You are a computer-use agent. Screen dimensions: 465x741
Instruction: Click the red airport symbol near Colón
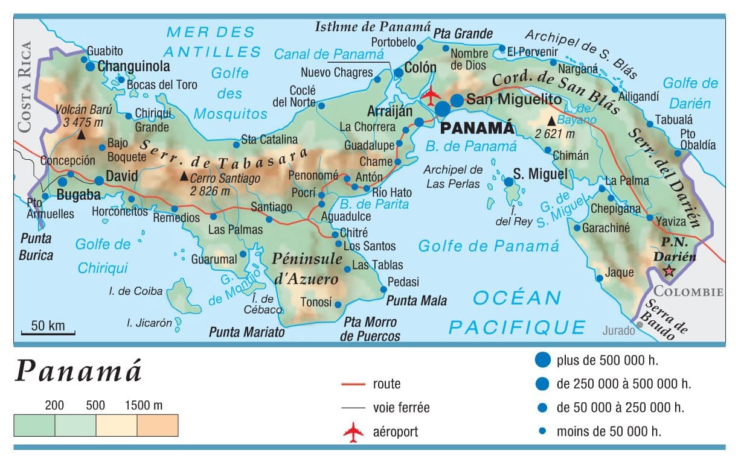pyautogui.click(x=431, y=95)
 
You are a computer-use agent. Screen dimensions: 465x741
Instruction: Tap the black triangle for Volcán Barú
pyautogui.click(x=81, y=136)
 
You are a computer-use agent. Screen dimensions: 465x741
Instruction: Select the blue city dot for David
pyautogui.click(x=99, y=180)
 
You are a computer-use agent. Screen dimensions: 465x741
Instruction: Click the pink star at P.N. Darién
pyautogui.click(x=669, y=271)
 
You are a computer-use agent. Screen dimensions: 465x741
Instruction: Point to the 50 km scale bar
pyautogui.click(x=48, y=332)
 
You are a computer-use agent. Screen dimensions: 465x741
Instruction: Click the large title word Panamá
pyautogui.click(x=79, y=371)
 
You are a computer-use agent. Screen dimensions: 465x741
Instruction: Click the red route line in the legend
pyautogui.click(x=353, y=384)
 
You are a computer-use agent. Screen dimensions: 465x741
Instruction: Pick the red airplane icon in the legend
pyautogui.click(x=353, y=432)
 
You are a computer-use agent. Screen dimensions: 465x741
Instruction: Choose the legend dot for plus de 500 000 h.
pyautogui.click(x=543, y=361)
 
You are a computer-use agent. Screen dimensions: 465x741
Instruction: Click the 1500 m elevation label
pyautogui.click(x=143, y=405)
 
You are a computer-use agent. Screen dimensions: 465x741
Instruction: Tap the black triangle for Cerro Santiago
pyautogui.click(x=184, y=176)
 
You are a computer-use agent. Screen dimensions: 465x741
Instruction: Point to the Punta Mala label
pyautogui.click(x=417, y=300)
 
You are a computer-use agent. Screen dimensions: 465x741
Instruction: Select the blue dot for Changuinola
pyautogui.click(x=91, y=67)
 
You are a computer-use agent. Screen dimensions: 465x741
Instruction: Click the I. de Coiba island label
pyautogui.click(x=136, y=291)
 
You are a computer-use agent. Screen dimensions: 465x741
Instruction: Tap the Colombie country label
pyautogui.click(x=689, y=292)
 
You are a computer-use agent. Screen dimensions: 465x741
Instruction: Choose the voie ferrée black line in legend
pyautogui.click(x=353, y=408)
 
